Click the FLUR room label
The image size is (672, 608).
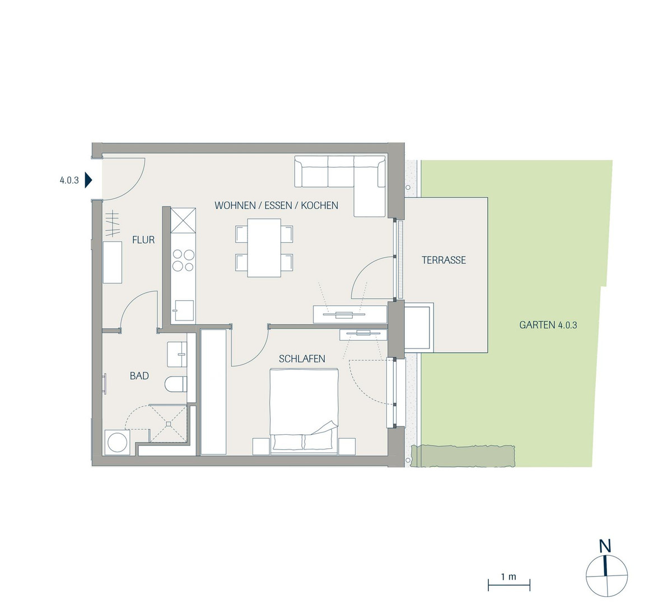tap(143, 240)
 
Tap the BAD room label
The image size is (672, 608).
tap(139, 376)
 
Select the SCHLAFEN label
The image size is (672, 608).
tap(302, 359)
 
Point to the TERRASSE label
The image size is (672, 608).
tap(444, 260)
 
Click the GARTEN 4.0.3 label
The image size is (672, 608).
tap(548, 325)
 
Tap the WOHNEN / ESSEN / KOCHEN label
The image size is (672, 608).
tap(277, 205)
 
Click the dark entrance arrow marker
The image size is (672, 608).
tap(88, 180)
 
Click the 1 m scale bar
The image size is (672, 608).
tap(509, 585)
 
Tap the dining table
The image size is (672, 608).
tap(264, 248)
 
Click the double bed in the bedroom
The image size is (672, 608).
tap(304, 411)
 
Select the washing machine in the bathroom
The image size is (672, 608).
tap(117, 443)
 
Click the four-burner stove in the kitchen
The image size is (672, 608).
tap(183, 261)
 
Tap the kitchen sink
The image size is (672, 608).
tap(183, 310)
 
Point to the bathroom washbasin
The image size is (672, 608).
tap(177, 354)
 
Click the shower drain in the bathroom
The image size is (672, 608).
tap(169, 424)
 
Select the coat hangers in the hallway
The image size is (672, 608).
tap(113, 223)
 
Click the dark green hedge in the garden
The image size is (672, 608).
tap(463, 456)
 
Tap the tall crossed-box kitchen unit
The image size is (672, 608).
tap(183, 220)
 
